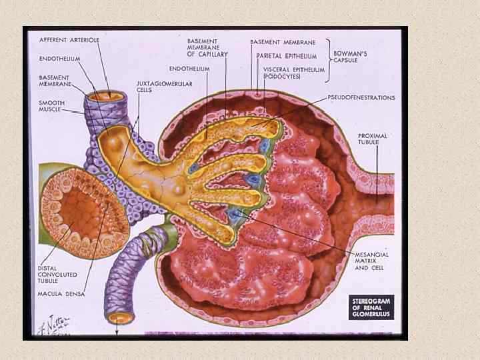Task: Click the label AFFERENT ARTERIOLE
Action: pyautogui.click(x=69, y=40)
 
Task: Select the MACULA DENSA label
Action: pyautogui.click(x=61, y=294)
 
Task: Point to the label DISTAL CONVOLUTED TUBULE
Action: pyautogui.click(x=57, y=274)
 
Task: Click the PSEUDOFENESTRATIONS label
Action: pyautogui.click(x=361, y=98)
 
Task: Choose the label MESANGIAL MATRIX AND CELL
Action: pyautogui.click(x=371, y=261)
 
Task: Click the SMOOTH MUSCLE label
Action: pyautogui.click(x=51, y=106)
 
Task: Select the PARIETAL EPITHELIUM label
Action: pyautogui.click(x=287, y=57)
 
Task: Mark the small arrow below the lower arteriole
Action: pyautogui.click(x=117, y=331)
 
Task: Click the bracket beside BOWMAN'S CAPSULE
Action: pyautogui.click(x=329, y=60)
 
